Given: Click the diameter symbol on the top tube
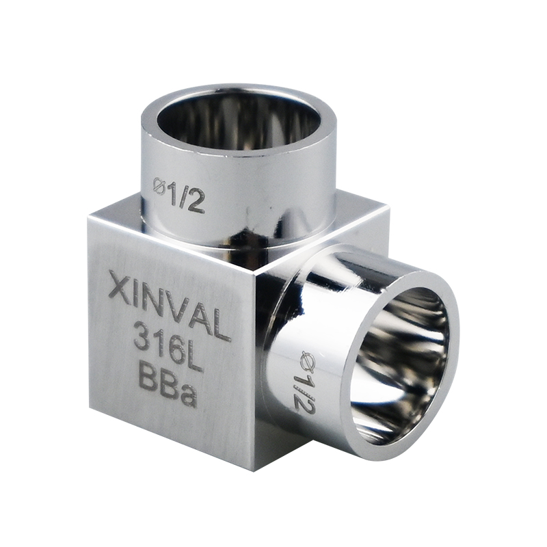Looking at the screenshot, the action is click(x=159, y=185).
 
